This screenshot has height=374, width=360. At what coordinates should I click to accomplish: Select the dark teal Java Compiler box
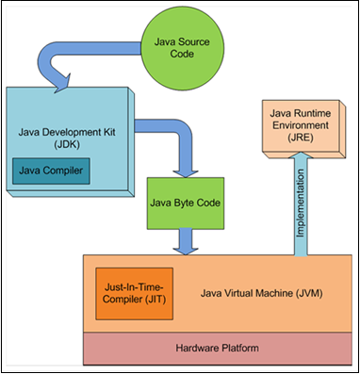tap(50, 172)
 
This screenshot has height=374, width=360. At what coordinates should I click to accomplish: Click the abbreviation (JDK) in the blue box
tap(71, 150)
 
